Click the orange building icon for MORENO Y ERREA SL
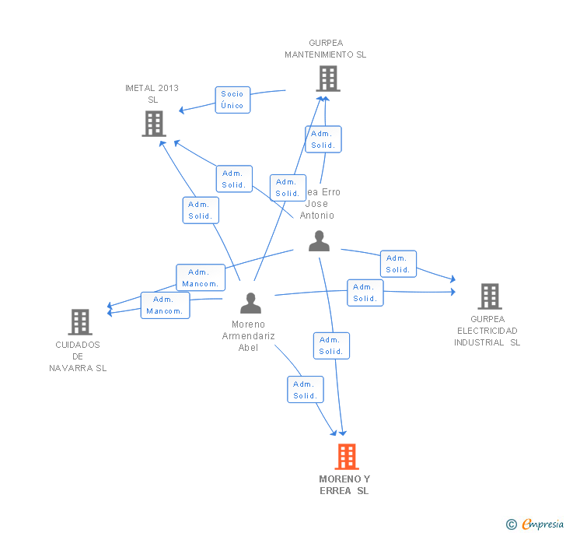[347, 457]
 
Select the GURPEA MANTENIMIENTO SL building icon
[327, 79]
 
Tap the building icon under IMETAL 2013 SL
[154, 124]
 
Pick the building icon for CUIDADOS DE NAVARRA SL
[80, 322]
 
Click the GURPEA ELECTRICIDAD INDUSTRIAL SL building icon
[489, 296]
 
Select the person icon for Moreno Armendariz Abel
[250, 303]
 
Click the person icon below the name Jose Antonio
[319, 241]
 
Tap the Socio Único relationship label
[232, 100]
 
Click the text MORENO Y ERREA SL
[344, 485]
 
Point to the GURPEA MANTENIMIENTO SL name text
[325, 49]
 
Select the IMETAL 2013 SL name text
[152, 93]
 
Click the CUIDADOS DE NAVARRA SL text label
[78, 356]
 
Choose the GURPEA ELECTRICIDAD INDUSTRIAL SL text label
[487, 331]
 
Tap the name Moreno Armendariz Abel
[249, 336]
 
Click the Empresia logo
[542, 524]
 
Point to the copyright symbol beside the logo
[512, 524]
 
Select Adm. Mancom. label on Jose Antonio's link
[201, 278]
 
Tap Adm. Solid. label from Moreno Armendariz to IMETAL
[201, 210]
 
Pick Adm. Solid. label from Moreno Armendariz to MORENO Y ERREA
[305, 390]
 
